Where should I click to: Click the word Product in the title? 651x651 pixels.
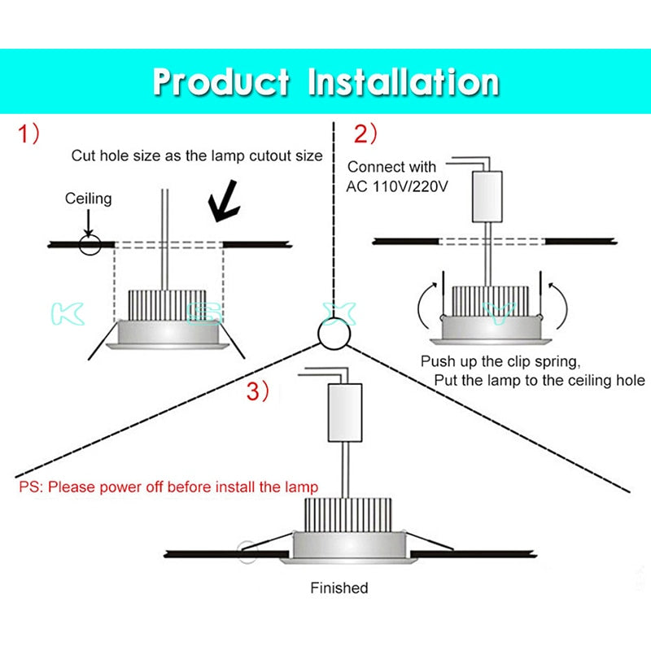[x=221, y=82]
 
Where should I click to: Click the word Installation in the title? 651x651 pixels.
[x=404, y=82]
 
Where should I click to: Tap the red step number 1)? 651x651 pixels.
[x=29, y=135]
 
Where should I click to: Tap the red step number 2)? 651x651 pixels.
[x=365, y=135]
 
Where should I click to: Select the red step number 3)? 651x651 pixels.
[x=258, y=391]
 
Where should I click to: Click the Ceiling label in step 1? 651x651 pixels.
[x=89, y=199]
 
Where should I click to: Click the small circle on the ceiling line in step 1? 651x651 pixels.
[x=90, y=243]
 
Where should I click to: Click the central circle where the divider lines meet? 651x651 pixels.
[x=333, y=333]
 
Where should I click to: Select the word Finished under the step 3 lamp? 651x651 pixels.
[x=339, y=588]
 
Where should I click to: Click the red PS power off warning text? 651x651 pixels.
[x=168, y=487]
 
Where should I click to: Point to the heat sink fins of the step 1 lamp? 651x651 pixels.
[x=170, y=303]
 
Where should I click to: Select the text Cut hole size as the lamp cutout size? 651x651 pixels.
[x=197, y=155]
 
